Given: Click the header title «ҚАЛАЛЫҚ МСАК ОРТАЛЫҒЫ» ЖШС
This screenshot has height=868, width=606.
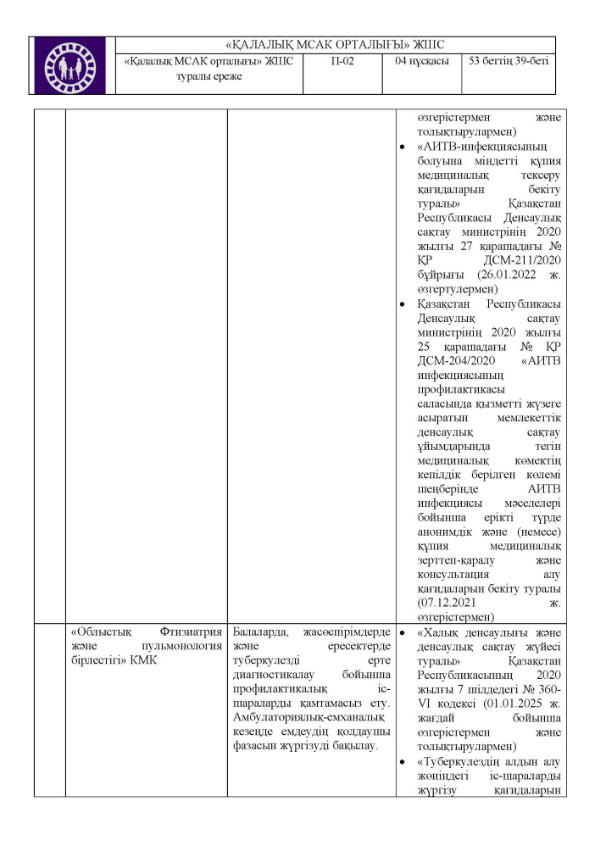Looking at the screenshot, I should (x=336, y=45).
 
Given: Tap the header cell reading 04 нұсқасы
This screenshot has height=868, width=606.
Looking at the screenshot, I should (x=421, y=61).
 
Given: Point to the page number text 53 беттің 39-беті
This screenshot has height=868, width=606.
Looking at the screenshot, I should (x=509, y=61).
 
